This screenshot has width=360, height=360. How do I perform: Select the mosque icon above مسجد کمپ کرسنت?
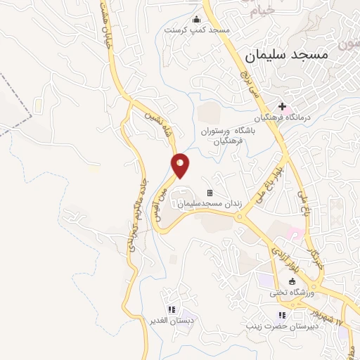pos(196,19)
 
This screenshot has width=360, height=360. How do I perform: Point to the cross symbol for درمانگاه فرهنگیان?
pos(282,107)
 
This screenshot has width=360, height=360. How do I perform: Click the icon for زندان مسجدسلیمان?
pos(209,193)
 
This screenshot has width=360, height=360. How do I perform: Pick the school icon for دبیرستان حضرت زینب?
pos(282,315)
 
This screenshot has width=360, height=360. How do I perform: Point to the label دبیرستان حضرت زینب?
pos(273,326)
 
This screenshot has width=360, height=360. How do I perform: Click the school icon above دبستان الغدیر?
pos(170,309)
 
